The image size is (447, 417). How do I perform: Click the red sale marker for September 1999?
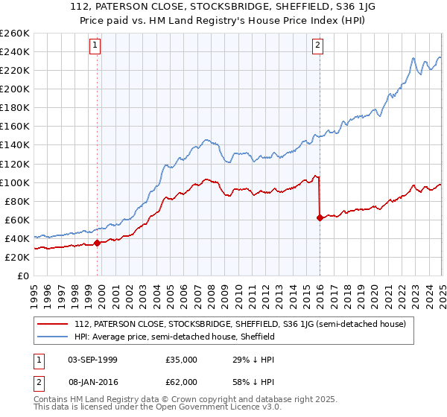tap(98, 243)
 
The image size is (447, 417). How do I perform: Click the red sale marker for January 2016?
tap(320, 217)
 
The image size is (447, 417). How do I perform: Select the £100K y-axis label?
tap(16, 182)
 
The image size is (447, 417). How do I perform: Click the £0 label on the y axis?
tap(24, 276)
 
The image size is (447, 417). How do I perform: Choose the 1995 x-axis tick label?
tap(34, 292)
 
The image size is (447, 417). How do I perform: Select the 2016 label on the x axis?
tap(320, 292)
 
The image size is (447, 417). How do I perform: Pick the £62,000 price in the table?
tap(182, 382)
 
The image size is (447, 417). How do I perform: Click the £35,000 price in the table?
tap(182, 360)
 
